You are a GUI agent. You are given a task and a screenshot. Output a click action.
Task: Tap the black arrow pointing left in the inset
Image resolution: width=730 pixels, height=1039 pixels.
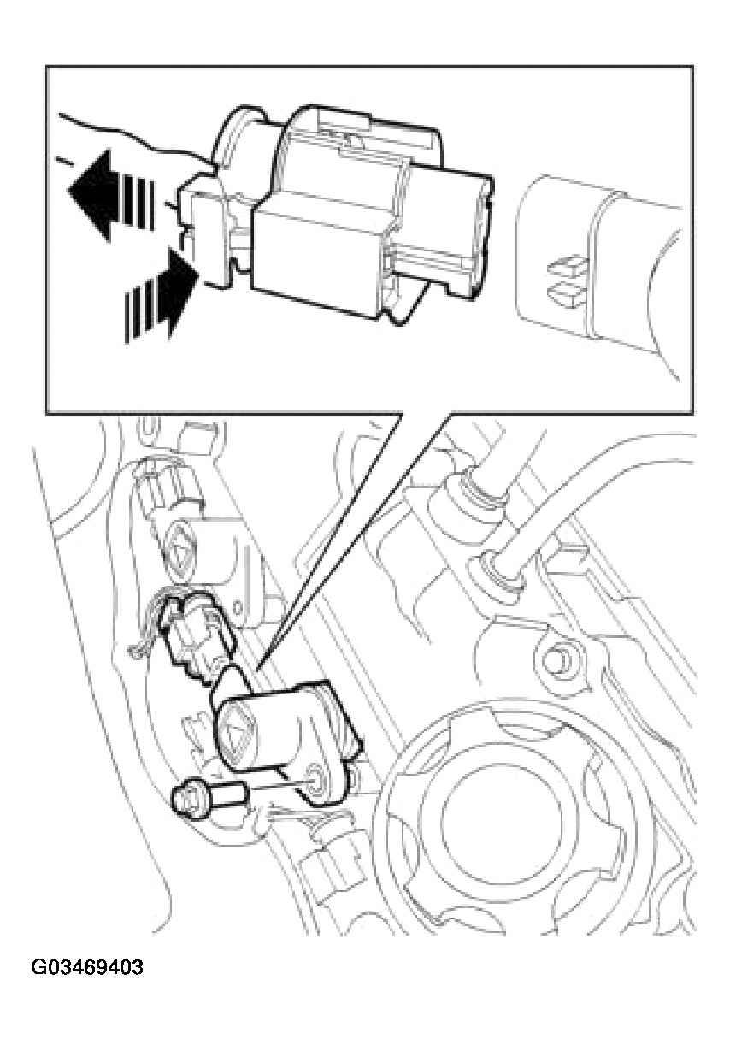(111, 195)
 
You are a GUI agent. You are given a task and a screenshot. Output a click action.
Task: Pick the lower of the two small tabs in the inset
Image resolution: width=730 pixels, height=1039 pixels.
(568, 292)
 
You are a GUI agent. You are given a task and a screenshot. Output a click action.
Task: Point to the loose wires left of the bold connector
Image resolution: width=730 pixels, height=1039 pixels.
(144, 624)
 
